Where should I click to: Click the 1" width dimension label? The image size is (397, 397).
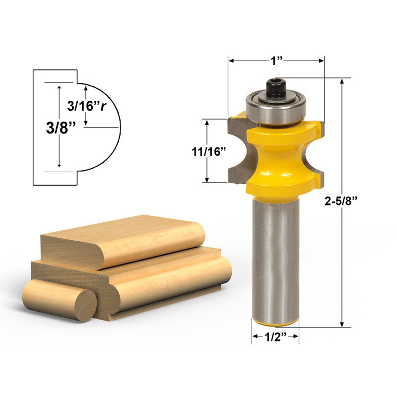276,60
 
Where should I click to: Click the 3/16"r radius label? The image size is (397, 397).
86,106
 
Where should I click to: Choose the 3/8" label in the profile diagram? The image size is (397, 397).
61,127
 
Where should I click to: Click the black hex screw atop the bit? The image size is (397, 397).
275,88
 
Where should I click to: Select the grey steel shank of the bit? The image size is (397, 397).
275,258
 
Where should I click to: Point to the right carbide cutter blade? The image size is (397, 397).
319,149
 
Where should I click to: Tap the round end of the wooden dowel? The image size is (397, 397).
85,305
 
